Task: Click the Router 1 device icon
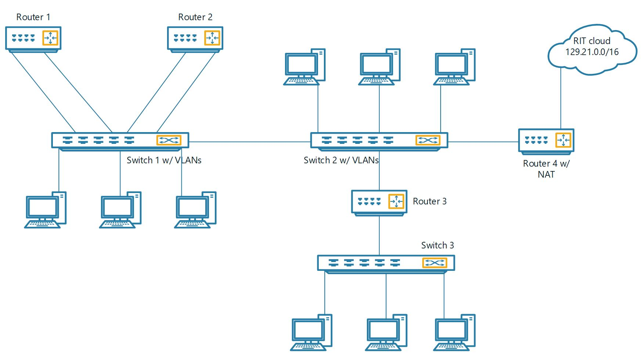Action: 33,38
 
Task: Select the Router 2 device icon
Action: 195,38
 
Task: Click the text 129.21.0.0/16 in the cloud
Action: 592,52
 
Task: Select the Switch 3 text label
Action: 437,245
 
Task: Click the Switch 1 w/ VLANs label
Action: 164,160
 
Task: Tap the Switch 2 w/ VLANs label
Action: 341,160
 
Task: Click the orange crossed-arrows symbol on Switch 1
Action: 169,140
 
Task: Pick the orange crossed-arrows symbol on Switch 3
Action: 434,263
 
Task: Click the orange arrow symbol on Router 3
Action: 396,201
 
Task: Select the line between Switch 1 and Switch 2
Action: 250,142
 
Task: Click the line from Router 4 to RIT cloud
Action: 561,99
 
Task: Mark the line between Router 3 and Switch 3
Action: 379,235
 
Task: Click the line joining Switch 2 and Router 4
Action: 483,142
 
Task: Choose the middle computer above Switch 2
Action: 379,67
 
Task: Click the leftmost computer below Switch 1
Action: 46,210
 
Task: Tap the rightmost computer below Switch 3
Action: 454,332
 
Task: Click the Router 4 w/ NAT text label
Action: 546,169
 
